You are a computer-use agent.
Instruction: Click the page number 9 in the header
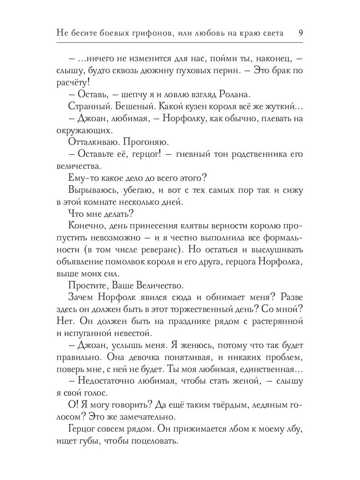tap(300, 33)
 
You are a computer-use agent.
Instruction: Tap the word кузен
tap(189, 107)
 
